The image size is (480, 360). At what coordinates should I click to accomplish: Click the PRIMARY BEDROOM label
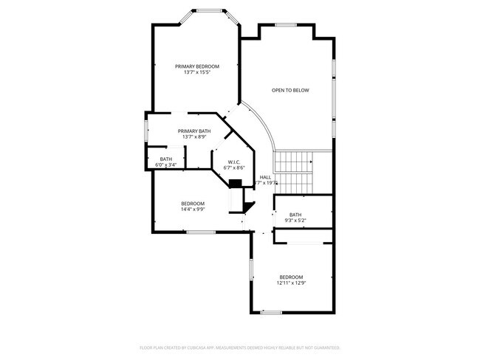pos(197,66)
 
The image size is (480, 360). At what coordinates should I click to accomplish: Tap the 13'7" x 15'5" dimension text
pos(197,72)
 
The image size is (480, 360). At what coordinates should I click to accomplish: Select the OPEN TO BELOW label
pos(290,91)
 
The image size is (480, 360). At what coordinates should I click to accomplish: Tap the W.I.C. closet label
pos(234,162)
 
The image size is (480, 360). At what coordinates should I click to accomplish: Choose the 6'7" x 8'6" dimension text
pos(234,167)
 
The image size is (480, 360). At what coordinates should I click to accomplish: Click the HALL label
pos(266,177)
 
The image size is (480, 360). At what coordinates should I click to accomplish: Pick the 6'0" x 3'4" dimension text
pos(166,165)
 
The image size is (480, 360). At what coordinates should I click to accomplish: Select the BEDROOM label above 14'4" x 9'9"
pos(193,203)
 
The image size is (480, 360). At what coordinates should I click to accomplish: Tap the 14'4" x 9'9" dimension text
pos(193,209)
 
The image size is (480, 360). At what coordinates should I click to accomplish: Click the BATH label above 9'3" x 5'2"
pos(295,215)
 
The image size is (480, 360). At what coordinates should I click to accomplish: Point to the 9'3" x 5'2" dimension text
pos(295,221)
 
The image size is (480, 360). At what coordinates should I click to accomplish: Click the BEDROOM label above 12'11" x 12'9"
pos(291,277)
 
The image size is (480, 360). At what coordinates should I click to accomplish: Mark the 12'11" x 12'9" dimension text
pos(291,283)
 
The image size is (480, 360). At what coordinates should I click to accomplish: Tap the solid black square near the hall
pos(236,184)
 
